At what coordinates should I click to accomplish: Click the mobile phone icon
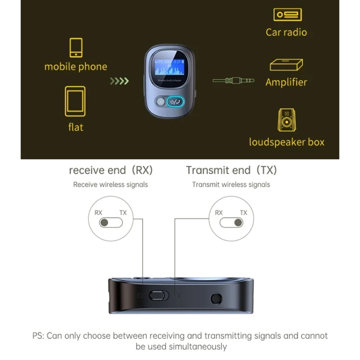pos(76,48)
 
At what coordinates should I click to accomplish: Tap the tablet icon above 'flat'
pos(75,101)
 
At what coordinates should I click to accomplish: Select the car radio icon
pos(287,15)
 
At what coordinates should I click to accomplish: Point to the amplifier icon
pos(286,65)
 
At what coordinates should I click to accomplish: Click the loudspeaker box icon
pos(287,120)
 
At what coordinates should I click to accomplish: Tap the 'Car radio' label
pos(286,32)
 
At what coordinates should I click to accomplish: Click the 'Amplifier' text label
pos(286,82)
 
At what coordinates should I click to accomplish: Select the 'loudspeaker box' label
pos(287,142)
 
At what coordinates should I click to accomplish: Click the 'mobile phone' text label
pos(76,67)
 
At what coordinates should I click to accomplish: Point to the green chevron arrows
pos(120,81)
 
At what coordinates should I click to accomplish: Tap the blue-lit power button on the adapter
pos(174,101)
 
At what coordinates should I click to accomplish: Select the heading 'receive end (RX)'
pos(110,170)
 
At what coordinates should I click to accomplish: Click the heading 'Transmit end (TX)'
pos(231,170)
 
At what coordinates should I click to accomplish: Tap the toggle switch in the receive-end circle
pos(111,223)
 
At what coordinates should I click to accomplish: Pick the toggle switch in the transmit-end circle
pos(231,223)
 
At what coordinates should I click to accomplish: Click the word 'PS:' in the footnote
pos(38,336)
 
